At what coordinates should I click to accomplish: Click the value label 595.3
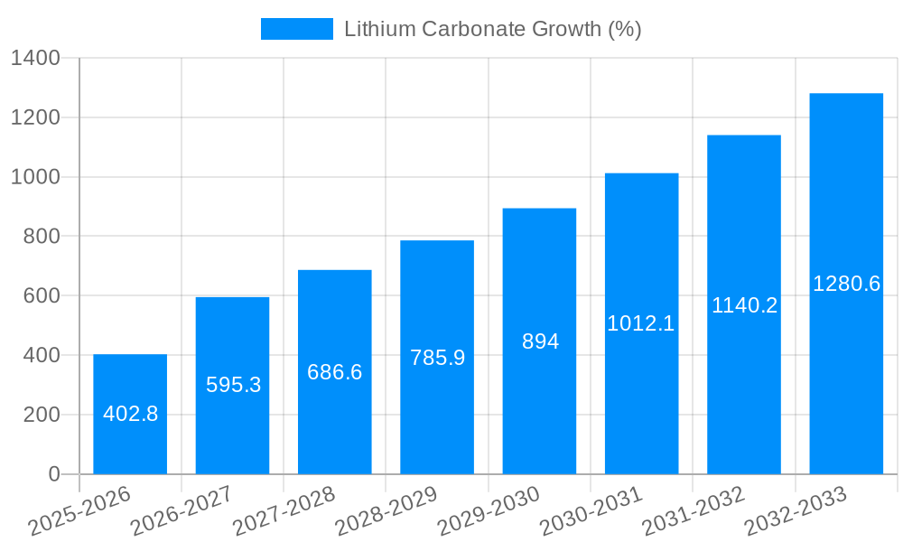233,385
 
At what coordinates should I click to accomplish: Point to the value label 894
540,341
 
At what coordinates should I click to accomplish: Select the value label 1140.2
744,305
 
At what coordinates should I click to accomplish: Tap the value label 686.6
334,372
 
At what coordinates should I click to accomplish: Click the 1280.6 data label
846,284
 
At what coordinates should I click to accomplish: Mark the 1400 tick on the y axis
35,59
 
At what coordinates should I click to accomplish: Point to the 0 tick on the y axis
53,474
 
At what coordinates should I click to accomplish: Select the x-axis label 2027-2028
284,511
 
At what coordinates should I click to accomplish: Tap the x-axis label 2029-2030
489,511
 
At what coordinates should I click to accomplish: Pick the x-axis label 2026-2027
182,511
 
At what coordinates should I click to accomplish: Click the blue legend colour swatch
296,29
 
